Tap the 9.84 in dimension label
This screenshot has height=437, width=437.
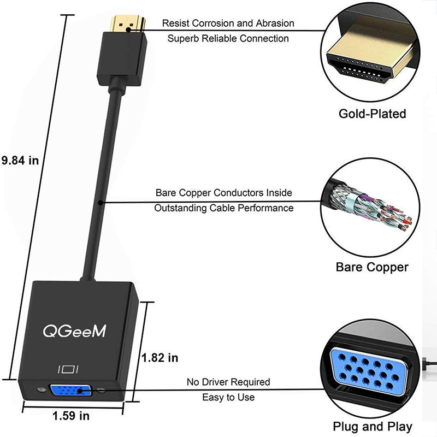[x=20, y=160]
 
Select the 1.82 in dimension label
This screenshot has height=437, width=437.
[x=160, y=358]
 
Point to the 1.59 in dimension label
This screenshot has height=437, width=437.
[x=71, y=416]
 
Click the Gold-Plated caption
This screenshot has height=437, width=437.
[x=372, y=114]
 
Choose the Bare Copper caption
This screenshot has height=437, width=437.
[x=372, y=267]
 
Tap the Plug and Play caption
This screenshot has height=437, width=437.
[x=373, y=427]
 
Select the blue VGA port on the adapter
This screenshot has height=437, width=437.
[x=71, y=391]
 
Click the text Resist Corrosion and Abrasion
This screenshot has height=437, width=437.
[x=228, y=23]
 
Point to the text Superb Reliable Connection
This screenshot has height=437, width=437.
[x=228, y=38]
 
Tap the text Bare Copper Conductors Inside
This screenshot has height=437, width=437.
[x=223, y=193]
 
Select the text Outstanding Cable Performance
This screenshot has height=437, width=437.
[x=223, y=208]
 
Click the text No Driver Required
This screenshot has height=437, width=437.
[x=228, y=382]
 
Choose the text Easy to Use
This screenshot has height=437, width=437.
[x=228, y=397]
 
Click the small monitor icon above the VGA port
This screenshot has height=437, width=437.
[x=70, y=369]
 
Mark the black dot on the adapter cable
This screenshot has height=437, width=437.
[x=102, y=203]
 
